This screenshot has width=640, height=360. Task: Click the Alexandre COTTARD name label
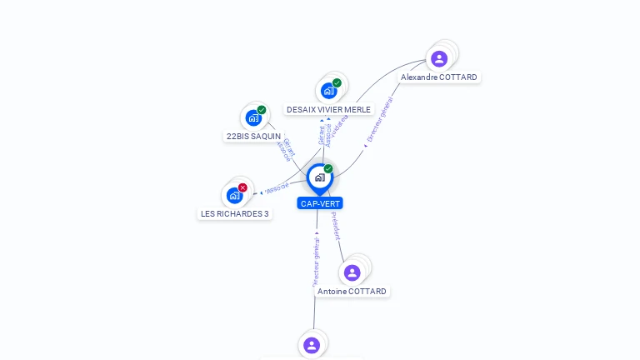(438, 77)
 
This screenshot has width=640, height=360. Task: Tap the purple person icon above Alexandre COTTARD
(439, 58)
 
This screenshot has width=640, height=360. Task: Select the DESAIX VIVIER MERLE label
(328, 110)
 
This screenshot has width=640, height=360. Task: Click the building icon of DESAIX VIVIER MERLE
(328, 91)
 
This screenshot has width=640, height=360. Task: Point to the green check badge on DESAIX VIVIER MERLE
(337, 82)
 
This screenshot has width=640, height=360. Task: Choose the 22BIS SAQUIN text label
(253, 137)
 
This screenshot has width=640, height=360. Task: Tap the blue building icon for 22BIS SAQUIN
(253, 118)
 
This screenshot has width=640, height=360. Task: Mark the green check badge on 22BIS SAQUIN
(262, 110)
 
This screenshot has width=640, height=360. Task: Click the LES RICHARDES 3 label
(235, 214)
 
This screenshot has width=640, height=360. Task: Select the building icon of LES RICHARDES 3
(234, 196)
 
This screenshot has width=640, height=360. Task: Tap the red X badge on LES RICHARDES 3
(242, 187)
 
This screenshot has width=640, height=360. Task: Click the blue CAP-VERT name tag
(320, 203)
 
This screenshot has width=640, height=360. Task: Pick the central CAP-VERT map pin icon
(319, 177)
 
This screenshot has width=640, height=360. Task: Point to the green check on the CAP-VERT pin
(328, 169)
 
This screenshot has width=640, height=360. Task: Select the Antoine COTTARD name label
(352, 292)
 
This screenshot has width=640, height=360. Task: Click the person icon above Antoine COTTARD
(352, 272)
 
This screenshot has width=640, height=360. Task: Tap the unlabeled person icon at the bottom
(312, 345)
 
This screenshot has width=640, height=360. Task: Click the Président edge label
(335, 226)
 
